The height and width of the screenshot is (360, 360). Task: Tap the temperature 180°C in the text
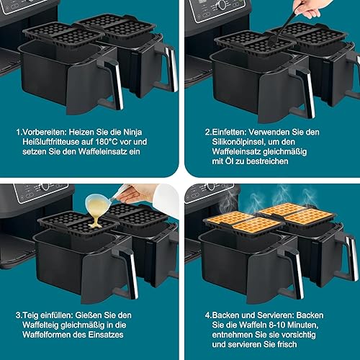107,142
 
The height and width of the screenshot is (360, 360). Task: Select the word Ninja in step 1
132,132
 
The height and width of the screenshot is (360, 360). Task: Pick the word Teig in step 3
30,315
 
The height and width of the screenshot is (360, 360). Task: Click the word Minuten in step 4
303,325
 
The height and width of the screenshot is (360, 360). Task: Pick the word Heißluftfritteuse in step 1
51,142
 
